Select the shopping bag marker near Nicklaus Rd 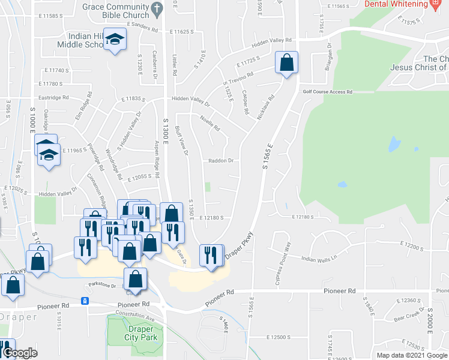tap(287, 62)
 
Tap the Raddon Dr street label tap(220, 161)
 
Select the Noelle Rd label tap(210, 124)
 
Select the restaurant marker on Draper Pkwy tap(209, 255)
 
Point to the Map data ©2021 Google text tap(412, 355)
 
